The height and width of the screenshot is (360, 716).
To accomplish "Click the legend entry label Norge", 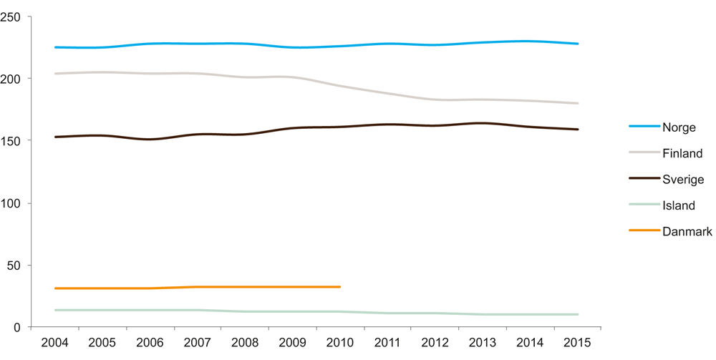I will (x=679, y=127).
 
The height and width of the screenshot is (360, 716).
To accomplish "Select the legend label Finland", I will (x=682, y=153).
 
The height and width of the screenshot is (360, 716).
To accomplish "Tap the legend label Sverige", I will (x=683, y=180).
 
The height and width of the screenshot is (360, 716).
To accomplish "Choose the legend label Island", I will (x=679, y=205).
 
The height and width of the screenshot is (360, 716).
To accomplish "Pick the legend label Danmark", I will (x=687, y=231).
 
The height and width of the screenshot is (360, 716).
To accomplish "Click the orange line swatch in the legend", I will (x=644, y=230).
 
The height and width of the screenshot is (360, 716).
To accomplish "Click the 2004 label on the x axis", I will (x=55, y=342).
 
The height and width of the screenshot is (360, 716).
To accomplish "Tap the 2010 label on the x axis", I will (x=340, y=342).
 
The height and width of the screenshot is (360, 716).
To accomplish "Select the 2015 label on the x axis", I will (x=578, y=342).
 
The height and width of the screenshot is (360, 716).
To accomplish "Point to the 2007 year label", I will (x=198, y=342).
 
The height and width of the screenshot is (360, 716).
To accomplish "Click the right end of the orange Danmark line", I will (x=340, y=287).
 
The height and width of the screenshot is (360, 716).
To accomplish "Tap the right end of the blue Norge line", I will (x=578, y=44).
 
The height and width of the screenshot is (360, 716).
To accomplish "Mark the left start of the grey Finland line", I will (x=55, y=73).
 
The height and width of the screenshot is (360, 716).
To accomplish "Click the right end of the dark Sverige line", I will (x=578, y=130).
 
